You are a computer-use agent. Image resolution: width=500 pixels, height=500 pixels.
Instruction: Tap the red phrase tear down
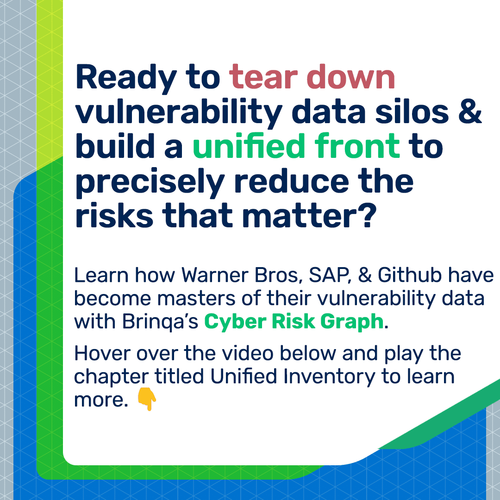tap(312, 77)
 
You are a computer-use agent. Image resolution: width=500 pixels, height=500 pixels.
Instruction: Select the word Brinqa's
tap(160, 321)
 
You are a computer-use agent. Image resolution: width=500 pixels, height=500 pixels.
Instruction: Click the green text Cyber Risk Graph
tap(294, 322)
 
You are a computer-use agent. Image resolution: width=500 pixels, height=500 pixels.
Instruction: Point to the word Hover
tap(102, 354)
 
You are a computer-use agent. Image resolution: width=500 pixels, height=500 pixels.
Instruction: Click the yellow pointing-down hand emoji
tap(147, 399)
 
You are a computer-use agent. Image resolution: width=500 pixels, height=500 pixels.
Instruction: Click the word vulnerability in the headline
tap(179, 113)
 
